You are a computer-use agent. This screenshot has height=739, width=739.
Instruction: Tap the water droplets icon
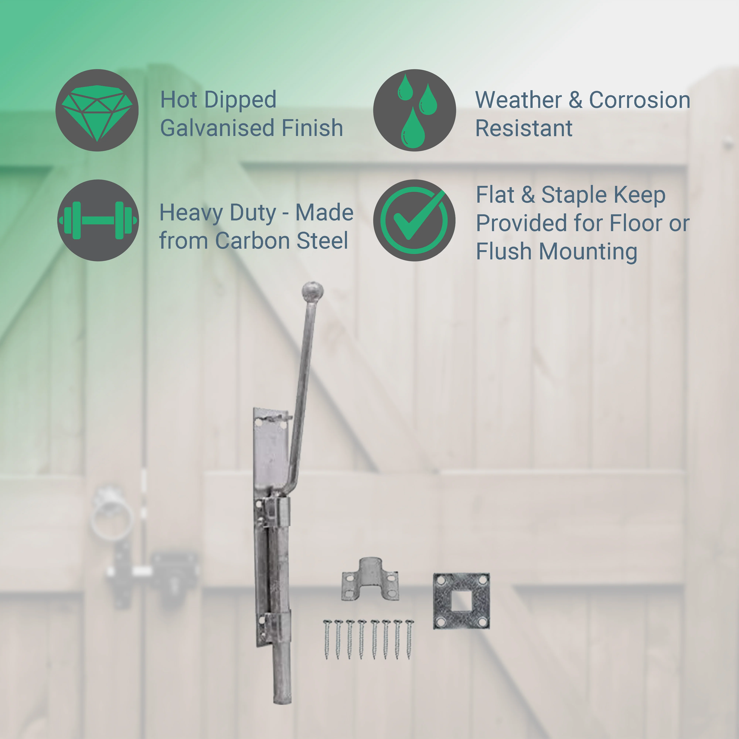click(414, 110)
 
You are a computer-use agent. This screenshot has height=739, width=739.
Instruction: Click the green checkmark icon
click(414, 220)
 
